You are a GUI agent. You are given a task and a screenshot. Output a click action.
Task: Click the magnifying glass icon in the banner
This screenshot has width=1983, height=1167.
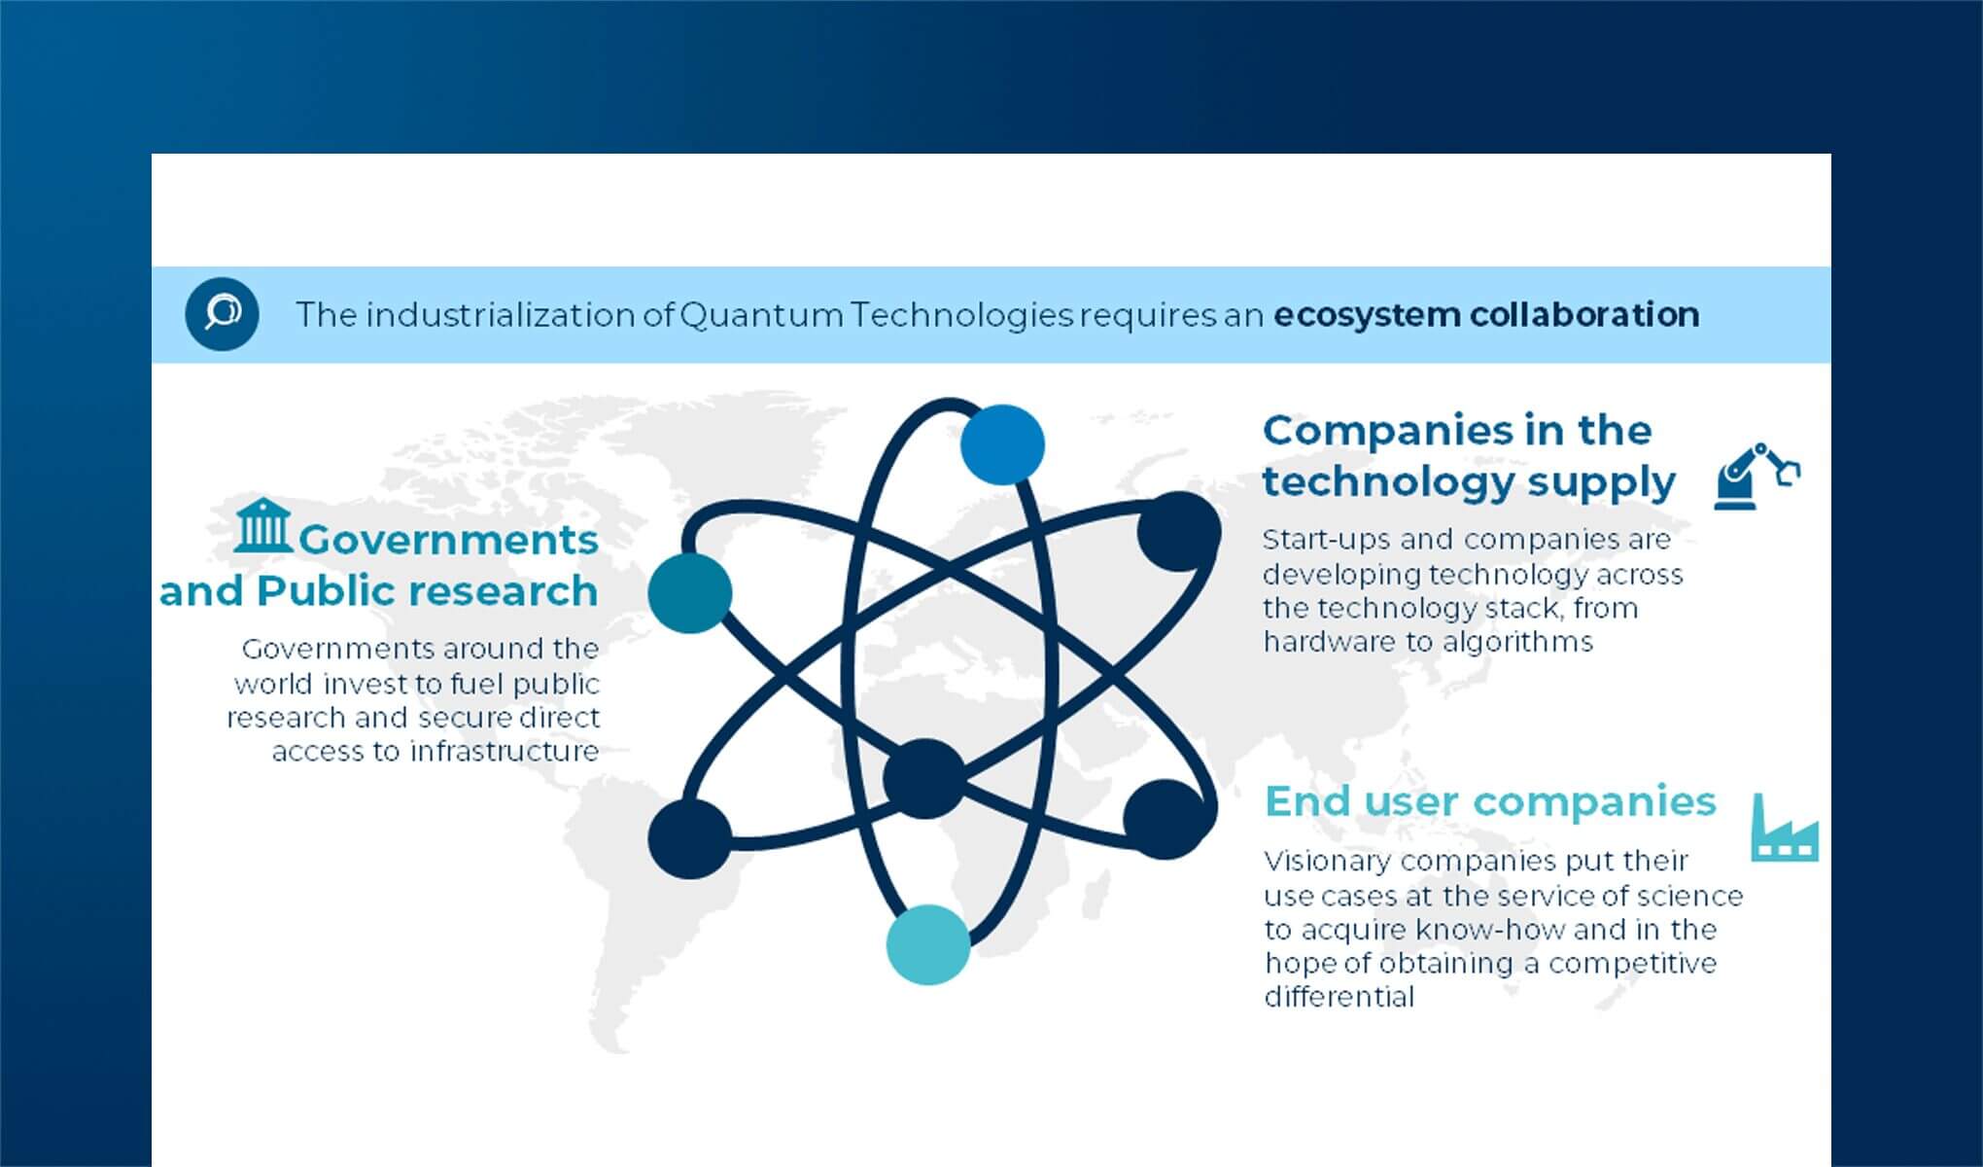point(222,315)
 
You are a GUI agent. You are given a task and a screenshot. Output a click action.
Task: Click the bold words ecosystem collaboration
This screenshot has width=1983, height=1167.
point(1485,315)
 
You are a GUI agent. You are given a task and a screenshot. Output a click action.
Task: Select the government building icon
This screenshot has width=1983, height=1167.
point(262,526)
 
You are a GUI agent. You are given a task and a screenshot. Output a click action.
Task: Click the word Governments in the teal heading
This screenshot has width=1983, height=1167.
point(448,540)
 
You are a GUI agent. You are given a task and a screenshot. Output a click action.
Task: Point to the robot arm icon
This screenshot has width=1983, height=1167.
point(1755,477)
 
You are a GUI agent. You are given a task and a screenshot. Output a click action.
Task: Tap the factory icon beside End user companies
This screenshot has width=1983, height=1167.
point(1784,830)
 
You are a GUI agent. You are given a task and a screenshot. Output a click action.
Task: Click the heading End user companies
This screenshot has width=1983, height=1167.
point(1489,801)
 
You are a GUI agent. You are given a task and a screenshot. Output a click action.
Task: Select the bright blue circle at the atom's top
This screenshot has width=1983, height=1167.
point(1002,445)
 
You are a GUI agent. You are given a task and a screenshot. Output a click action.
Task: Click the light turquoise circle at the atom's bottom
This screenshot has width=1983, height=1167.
point(928,944)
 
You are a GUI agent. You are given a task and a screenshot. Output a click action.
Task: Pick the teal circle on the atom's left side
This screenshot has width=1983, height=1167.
point(689,592)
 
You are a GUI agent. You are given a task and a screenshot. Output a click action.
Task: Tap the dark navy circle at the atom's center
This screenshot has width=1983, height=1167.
point(924,778)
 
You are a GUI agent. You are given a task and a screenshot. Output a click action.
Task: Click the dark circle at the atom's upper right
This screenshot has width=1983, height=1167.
point(1177,532)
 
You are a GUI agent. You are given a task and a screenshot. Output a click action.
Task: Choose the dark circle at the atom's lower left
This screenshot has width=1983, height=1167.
point(689,837)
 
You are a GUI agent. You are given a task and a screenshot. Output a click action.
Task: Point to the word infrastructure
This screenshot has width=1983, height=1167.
point(504,752)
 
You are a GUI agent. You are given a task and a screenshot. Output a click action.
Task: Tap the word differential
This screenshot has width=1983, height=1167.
point(1339,997)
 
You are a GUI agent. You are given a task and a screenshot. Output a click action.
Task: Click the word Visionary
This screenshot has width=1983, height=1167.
point(1327,862)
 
